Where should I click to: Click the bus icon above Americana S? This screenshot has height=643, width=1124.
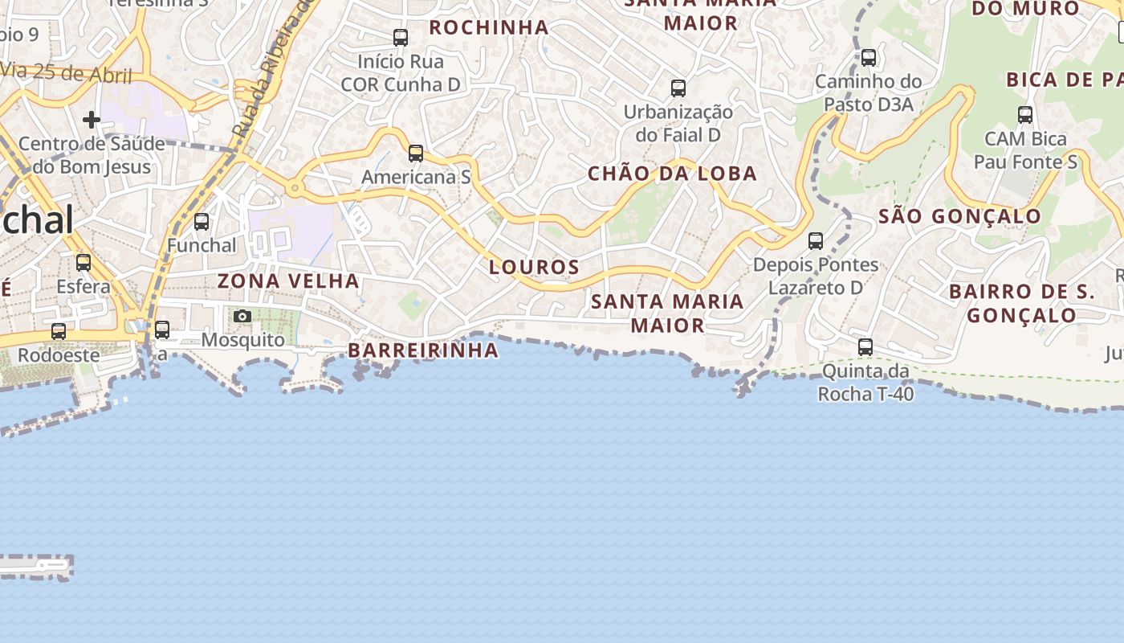(415, 153)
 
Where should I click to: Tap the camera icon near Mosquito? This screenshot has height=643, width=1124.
(242, 316)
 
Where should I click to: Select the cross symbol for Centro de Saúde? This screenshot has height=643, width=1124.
(92, 120)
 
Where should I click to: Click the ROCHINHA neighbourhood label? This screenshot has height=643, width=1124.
(489, 27)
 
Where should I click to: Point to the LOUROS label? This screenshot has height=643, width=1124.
(535, 267)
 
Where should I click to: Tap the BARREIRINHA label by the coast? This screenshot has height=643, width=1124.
(423, 350)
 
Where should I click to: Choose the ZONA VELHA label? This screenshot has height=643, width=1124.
(288, 281)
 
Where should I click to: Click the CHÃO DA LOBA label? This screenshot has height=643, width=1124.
(672, 174)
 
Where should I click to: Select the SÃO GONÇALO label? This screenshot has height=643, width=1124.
(959, 216)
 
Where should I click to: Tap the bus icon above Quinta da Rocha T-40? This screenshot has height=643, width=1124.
(865, 347)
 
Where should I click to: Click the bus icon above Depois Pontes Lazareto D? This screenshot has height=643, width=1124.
(816, 240)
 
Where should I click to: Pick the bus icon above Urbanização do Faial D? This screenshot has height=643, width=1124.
(678, 88)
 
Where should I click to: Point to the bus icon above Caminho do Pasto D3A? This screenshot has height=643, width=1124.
(869, 57)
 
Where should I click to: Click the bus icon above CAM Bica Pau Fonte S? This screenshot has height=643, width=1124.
(1025, 114)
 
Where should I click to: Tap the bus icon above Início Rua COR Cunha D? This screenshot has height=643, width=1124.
(400, 37)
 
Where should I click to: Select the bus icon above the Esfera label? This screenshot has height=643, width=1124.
(83, 262)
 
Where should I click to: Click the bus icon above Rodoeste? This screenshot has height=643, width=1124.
(59, 331)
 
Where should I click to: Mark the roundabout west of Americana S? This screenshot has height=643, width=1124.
(295, 189)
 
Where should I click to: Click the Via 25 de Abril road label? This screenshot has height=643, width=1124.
(67, 74)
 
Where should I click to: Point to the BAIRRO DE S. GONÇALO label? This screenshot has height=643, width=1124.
(1022, 303)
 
